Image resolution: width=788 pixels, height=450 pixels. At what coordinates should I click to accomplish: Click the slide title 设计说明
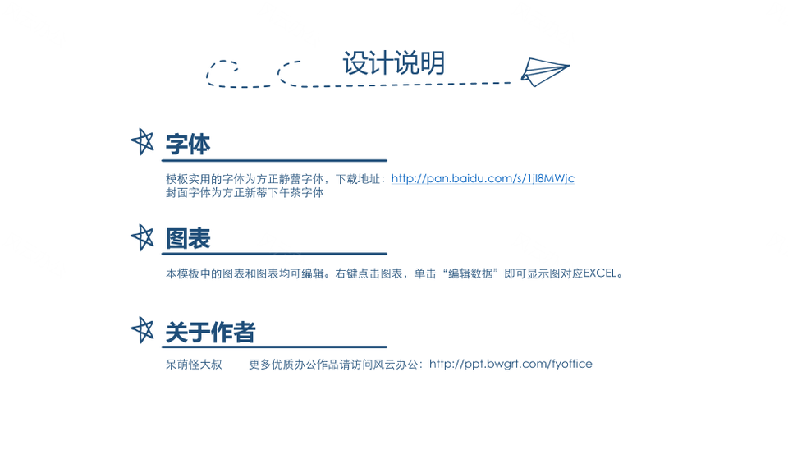(x=394, y=63)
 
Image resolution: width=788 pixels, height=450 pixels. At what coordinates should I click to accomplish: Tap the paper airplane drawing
(x=545, y=72)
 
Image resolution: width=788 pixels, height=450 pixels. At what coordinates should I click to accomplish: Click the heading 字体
(x=188, y=145)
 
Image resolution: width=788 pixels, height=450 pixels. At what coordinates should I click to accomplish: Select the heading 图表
(x=188, y=238)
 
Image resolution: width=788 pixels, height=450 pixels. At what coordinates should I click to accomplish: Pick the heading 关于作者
(x=211, y=333)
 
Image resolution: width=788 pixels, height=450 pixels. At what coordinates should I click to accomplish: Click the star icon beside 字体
(x=143, y=142)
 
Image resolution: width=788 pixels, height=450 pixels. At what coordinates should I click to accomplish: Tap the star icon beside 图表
(x=143, y=237)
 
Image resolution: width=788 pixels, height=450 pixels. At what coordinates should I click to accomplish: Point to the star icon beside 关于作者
(x=143, y=330)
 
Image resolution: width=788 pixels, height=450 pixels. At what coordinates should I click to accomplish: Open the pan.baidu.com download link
(x=483, y=178)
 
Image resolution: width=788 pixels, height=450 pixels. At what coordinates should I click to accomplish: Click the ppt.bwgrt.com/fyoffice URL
(x=511, y=364)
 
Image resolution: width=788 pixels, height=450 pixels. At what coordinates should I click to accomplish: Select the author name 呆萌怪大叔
(x=194, y=365)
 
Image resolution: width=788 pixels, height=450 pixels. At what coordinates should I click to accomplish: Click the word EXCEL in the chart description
(x=599, y=273)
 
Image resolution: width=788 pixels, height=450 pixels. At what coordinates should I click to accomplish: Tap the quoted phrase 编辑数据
(x=470, y=273)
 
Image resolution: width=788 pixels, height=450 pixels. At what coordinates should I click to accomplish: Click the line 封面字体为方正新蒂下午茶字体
(x=245, y=193)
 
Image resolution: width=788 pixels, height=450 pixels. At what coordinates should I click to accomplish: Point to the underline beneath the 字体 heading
(x=274, y=160)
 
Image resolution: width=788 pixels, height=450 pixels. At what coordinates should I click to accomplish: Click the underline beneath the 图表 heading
(x=274, y=254)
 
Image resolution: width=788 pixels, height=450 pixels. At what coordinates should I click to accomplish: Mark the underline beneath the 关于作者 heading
(x=274, y=347)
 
